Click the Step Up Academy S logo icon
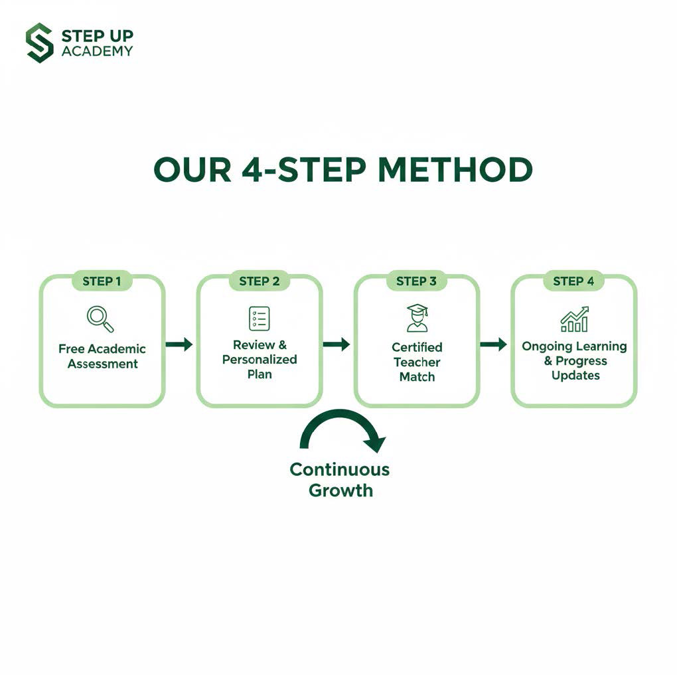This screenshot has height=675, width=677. [40, 42]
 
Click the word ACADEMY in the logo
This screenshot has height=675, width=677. [97, 51]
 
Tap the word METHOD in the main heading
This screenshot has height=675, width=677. [455, 169]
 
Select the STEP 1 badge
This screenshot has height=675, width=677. [102, 281]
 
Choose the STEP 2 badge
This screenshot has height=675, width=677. [259, 281]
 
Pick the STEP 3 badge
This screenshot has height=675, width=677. [416, 281]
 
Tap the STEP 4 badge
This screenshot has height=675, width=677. [573, 281]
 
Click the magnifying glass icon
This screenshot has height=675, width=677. [100, 319]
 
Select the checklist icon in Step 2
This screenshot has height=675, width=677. [260, 319]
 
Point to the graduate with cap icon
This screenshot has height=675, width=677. [417, 319]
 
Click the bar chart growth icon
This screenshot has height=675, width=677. [574, 319]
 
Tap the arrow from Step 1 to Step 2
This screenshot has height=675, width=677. [179, 344]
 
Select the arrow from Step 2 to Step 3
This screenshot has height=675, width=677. [337, 344]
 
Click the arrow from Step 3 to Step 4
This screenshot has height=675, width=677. [494, 344]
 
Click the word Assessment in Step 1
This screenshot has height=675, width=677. [103, 364]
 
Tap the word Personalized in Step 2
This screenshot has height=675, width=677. [260, 359]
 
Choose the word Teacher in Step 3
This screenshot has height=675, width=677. [417, 362]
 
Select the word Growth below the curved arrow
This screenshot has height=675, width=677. [340, 490]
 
